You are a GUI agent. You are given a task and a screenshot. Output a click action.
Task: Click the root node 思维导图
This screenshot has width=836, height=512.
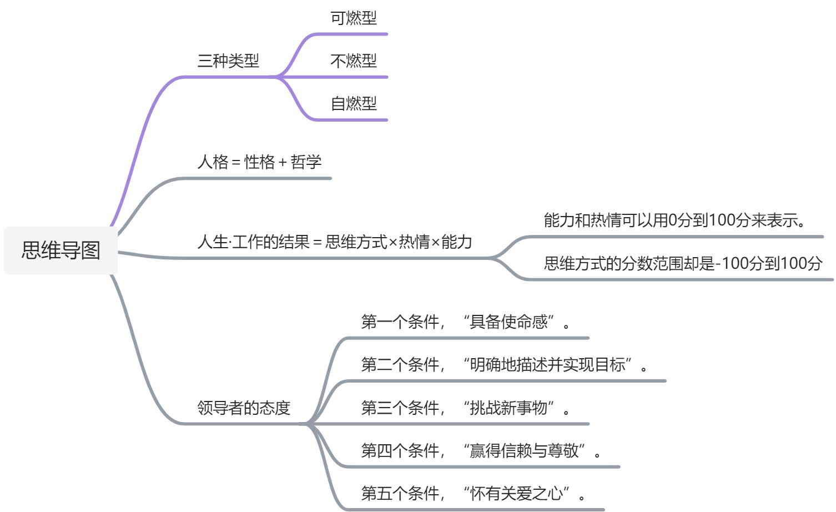coord(61,250)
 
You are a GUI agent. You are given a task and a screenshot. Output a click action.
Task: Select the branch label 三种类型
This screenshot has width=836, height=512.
coord(228,61)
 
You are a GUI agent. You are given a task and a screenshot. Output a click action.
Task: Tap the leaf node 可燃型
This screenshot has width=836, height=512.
coord(353,18)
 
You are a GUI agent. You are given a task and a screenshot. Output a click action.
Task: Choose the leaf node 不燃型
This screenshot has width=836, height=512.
coord(353,61)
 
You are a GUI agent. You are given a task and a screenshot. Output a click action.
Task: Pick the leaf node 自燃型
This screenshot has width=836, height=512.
coord(353,103)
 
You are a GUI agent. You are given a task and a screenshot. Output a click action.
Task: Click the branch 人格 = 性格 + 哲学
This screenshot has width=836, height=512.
coord(259,162)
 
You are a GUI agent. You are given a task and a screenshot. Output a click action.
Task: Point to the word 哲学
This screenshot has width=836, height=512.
coord(306,162)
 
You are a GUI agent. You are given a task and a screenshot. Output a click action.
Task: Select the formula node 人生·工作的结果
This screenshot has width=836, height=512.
coord(253,242)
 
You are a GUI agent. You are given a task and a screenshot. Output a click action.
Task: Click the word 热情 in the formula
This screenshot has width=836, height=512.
coord(414,242)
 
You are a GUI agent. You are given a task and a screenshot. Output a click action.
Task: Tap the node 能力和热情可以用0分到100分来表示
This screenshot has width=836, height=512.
coord(674,220)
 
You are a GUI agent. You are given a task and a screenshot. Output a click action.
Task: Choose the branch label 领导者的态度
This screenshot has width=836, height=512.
coord(244,408)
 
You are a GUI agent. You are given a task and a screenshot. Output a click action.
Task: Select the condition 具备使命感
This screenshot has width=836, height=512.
coord(508,322)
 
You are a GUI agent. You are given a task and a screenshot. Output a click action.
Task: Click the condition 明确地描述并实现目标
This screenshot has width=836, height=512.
coord(547,365)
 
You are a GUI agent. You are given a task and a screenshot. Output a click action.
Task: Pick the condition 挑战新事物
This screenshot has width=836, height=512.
coord(508,408)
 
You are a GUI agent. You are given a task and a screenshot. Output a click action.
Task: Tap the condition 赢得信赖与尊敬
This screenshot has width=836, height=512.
coord(524,450)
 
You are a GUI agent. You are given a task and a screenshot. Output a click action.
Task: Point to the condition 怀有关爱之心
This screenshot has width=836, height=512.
coord(516,493)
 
